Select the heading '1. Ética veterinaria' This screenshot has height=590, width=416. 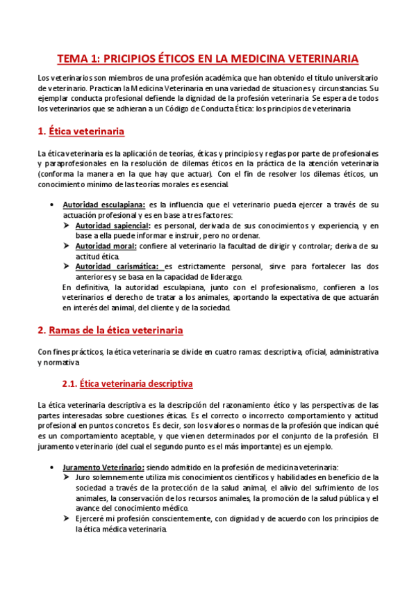coord(80,130)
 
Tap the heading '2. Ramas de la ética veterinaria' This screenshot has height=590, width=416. coord(110,330)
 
